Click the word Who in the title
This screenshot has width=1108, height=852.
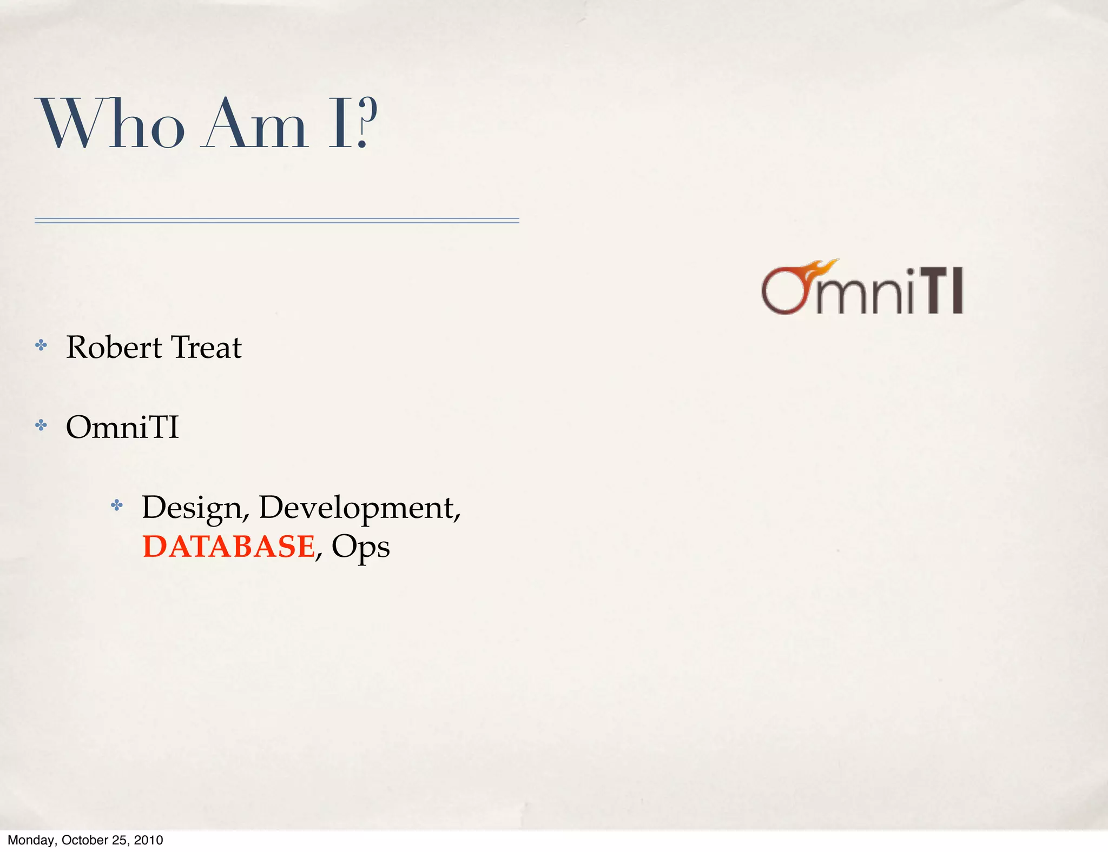tap(111, 124)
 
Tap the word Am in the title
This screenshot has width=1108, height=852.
tap(254, 124)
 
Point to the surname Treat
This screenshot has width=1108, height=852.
tap(206, 347)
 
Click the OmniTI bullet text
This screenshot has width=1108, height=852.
tap(122, 427)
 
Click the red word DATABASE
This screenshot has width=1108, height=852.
tap(229, 547)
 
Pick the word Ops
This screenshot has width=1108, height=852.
tap(360, 548)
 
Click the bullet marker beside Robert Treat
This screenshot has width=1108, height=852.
tap(41, 345)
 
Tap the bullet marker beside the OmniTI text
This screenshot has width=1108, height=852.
tap(41, 425)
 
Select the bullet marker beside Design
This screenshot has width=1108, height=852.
tap(117, 505)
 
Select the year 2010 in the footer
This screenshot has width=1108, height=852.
tap(148, 840)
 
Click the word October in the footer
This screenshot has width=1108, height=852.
tap(85, 840)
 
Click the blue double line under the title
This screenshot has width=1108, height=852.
tap(276, 221)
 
